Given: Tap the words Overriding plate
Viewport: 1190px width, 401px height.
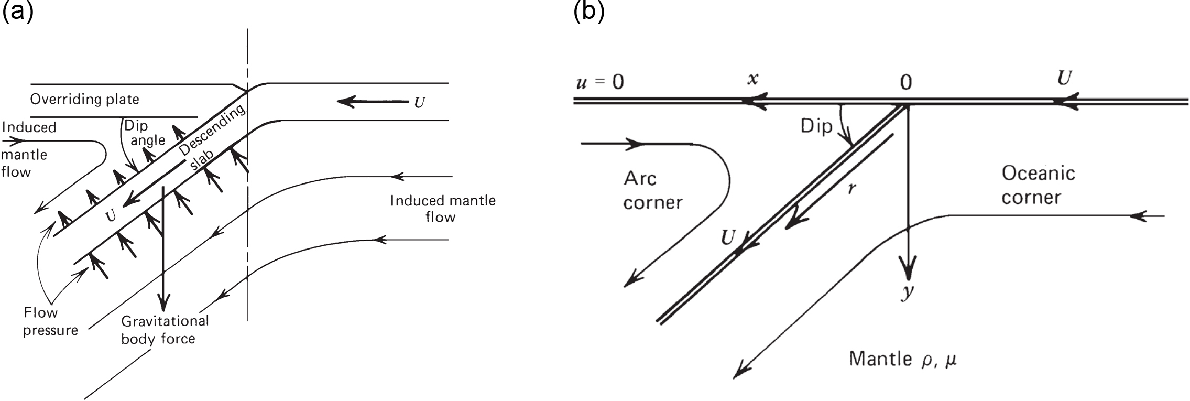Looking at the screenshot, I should point(84,99).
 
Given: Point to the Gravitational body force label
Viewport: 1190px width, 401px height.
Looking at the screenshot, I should point(165,330).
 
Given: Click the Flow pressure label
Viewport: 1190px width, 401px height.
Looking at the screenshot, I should point(50,321).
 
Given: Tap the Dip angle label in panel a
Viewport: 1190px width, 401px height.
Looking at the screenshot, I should point(144,133).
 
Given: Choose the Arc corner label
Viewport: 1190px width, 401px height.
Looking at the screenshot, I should point(653,190).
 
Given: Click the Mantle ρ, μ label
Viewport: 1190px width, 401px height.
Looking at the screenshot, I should point(902,359).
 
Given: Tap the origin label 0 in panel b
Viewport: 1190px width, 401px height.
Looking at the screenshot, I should point(905,83).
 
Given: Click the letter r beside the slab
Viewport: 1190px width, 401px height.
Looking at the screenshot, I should point(852,188).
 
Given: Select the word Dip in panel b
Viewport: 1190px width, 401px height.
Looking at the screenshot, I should point(816,126).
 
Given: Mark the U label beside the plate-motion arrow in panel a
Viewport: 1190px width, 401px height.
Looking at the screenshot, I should point(419,102).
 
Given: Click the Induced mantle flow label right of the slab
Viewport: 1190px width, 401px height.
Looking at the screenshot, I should point(442,208).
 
